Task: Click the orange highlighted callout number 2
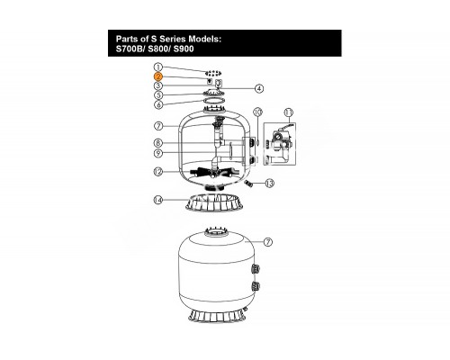click(158, 76)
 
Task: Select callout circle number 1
click(158, 67)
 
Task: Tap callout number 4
click(259, 88)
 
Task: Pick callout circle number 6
click(158, 104)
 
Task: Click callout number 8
click(158, 143)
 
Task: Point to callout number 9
click(158, 153)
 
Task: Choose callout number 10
click(258, 112)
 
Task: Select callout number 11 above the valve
click(289, 112)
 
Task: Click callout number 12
click(158, 172)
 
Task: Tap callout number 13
click(270, 183)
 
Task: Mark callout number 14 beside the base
click(158, 200)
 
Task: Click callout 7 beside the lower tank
click(268, 242)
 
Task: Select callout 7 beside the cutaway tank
click(158, 126)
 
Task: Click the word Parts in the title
click(126, 39)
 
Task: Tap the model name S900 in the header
click(184, 49)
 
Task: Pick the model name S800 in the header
click(159, 49)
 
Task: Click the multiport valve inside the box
click(280, 143)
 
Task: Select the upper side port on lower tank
click(256, 269)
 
